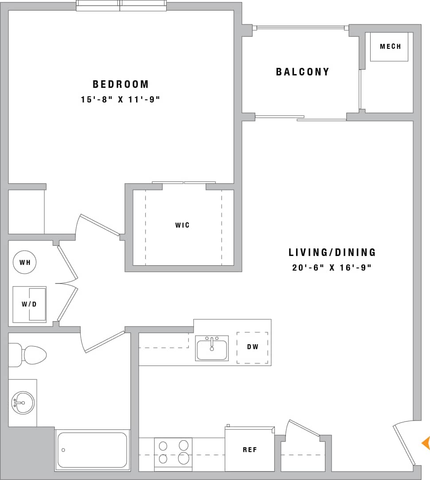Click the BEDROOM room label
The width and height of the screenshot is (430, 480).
(121, 84)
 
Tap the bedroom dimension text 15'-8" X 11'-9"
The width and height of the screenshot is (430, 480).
(120, 100)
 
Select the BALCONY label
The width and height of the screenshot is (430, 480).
(303, 72)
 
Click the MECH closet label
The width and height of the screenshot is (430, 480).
(390, 47)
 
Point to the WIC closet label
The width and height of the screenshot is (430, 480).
(182, 225)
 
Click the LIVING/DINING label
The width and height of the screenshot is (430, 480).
(332, 252)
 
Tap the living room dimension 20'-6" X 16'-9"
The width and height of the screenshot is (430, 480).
(332, 268)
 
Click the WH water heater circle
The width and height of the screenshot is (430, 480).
(24, 262)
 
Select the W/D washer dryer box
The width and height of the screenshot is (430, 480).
(29, 304)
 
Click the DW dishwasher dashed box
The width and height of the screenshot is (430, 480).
(252, 347)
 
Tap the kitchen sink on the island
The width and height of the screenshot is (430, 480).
(212, 348)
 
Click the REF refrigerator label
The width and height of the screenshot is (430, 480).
(250, 450)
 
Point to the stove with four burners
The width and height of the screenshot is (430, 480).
(173, 452)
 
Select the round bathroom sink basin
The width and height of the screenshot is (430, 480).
(23, 403)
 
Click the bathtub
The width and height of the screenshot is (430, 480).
(92, 450)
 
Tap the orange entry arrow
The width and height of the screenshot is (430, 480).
(426, 443)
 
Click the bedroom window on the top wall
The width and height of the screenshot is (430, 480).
(121, 6)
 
